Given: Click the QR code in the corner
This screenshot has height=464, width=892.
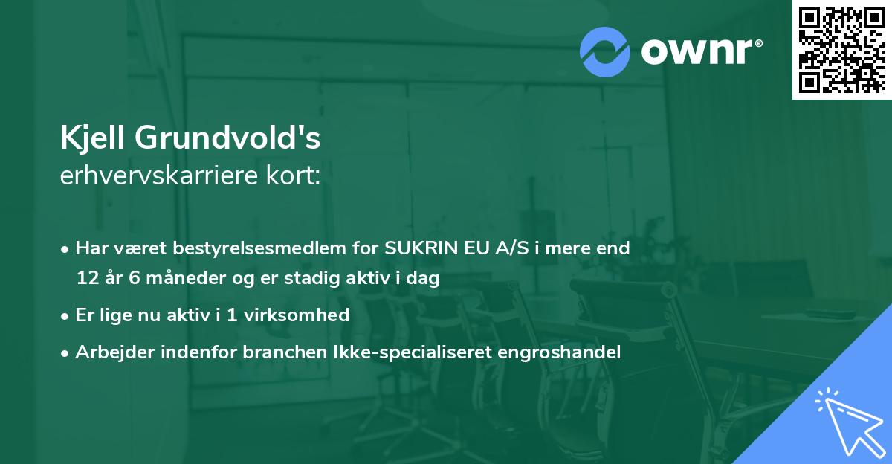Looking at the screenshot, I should [x=841, y=49].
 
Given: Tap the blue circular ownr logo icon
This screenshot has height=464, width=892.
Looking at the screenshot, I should [x=605, y=52].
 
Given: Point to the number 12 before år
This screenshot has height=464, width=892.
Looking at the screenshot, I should [x=86, y=279].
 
